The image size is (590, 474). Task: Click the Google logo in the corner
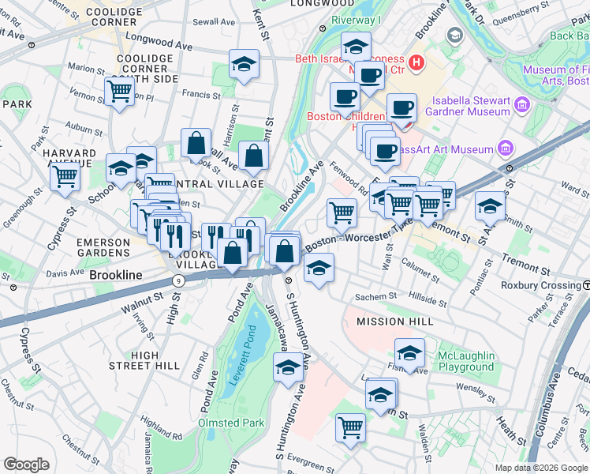click(27, 465)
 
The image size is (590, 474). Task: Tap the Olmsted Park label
click(231, 423)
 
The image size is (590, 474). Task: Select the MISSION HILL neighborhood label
click(394, 322)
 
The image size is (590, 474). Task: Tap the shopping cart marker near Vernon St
click(119, 91)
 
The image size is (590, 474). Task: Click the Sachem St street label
click(376, 296)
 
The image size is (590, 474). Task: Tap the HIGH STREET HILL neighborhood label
click(144, 360)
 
